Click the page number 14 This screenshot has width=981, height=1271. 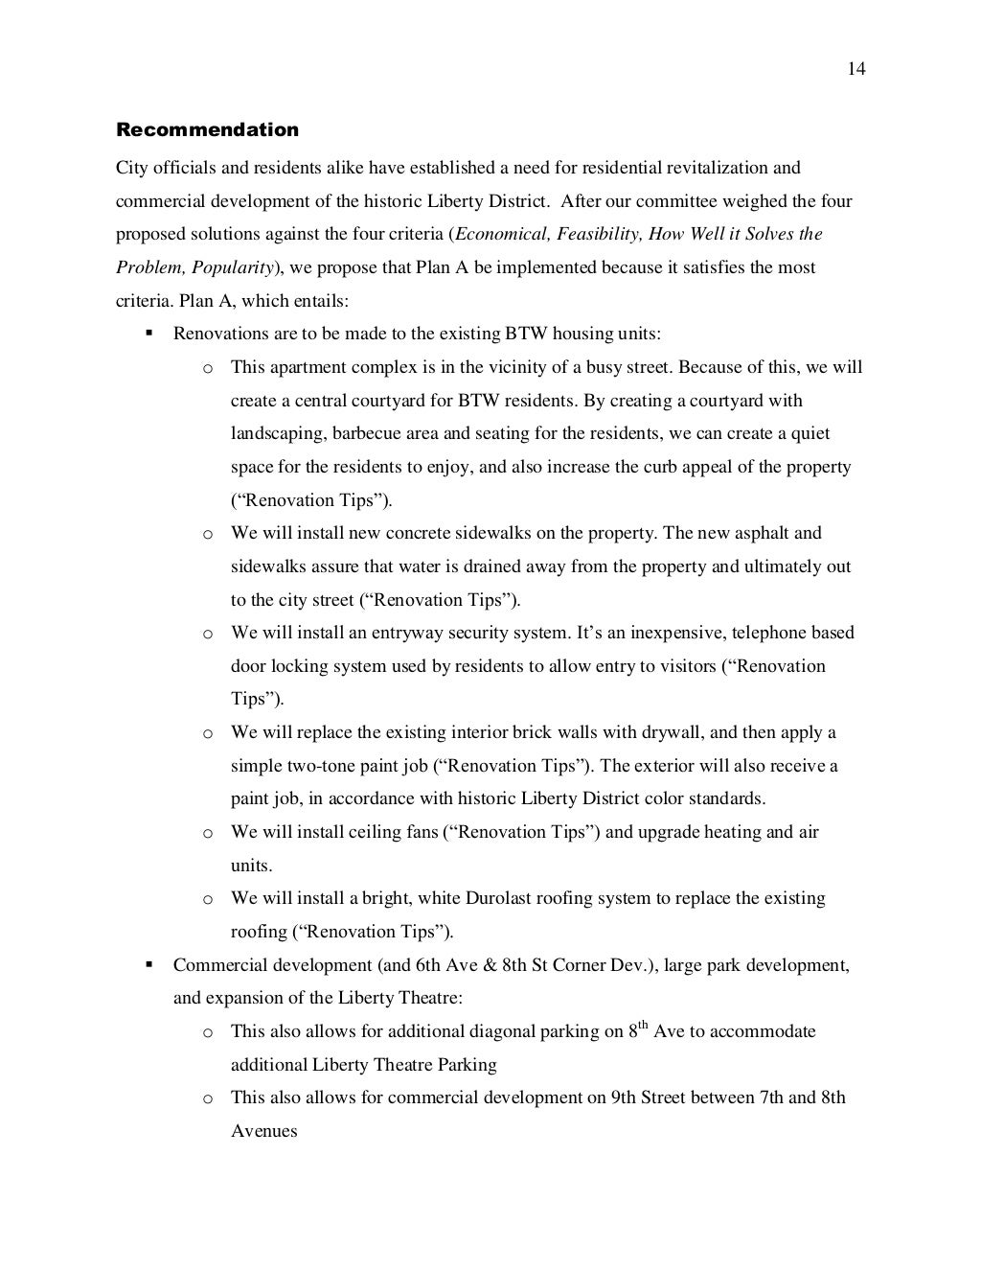click(856, 69)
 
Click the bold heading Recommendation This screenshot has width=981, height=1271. click(207, 129)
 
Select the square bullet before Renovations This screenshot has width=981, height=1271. click(149, 334)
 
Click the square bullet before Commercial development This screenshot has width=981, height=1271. click(149, 964)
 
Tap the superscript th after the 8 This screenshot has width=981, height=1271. click(644, 1025)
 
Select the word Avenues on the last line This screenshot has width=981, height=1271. click(264, 1131)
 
